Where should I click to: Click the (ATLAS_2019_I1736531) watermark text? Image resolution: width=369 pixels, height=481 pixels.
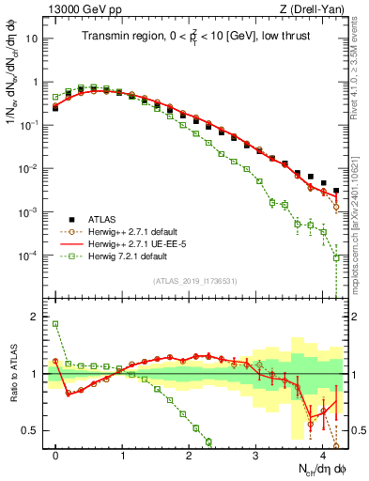point(194,281)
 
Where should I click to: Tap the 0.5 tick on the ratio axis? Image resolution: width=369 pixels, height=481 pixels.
point(34,430)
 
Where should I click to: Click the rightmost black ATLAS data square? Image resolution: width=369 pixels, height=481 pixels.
point(336,191)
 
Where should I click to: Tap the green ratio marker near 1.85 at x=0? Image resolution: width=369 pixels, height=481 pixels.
point(56,324)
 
